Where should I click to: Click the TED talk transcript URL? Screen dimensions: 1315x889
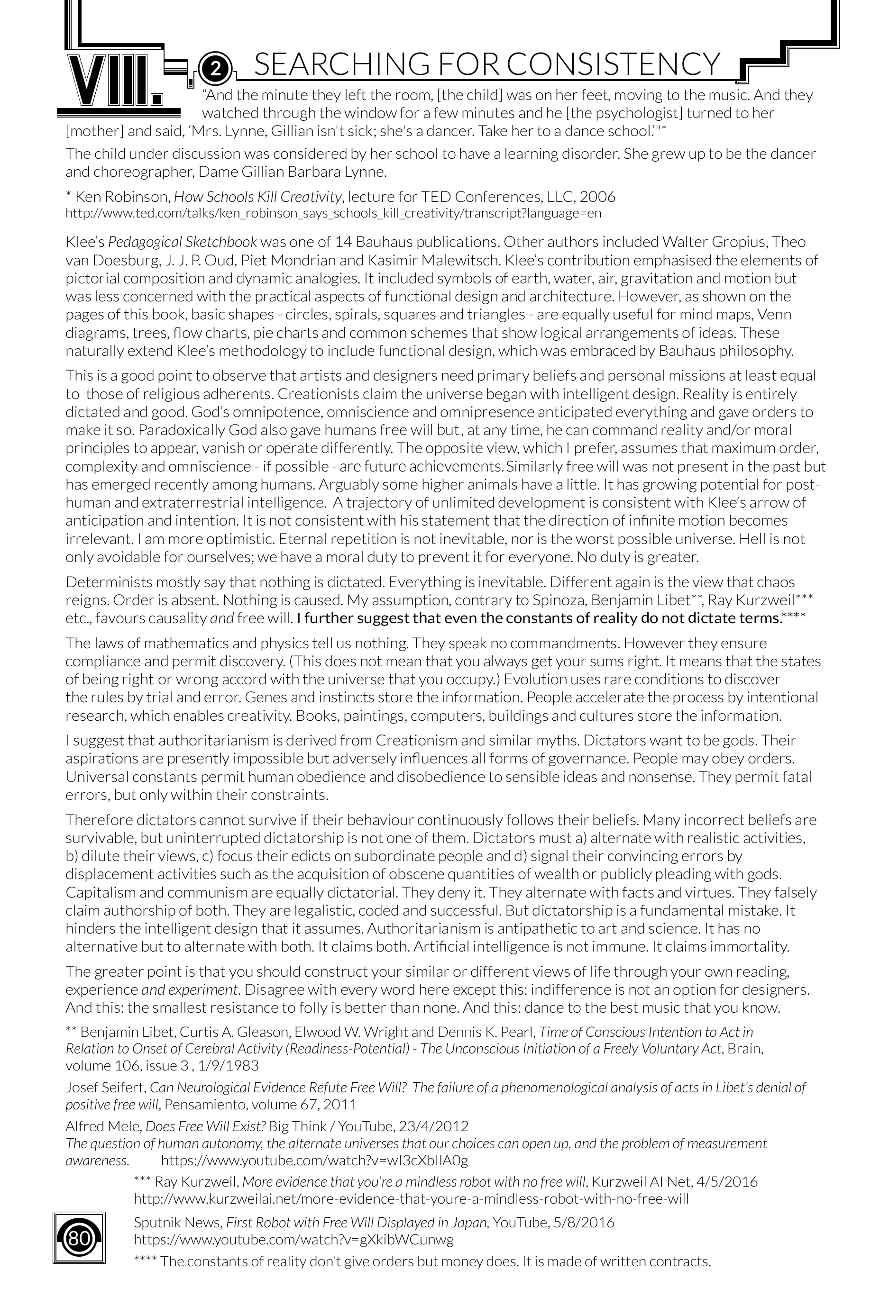(333, 213)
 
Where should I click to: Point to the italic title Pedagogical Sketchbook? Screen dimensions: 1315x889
(183, 242)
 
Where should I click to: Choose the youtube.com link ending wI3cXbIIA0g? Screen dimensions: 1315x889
(315, 1161)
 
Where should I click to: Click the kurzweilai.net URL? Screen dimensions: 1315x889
(411, 1198)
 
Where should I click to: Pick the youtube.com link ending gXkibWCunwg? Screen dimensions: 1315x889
(293, 1240)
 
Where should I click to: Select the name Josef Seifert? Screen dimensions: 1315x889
(106, 1087)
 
